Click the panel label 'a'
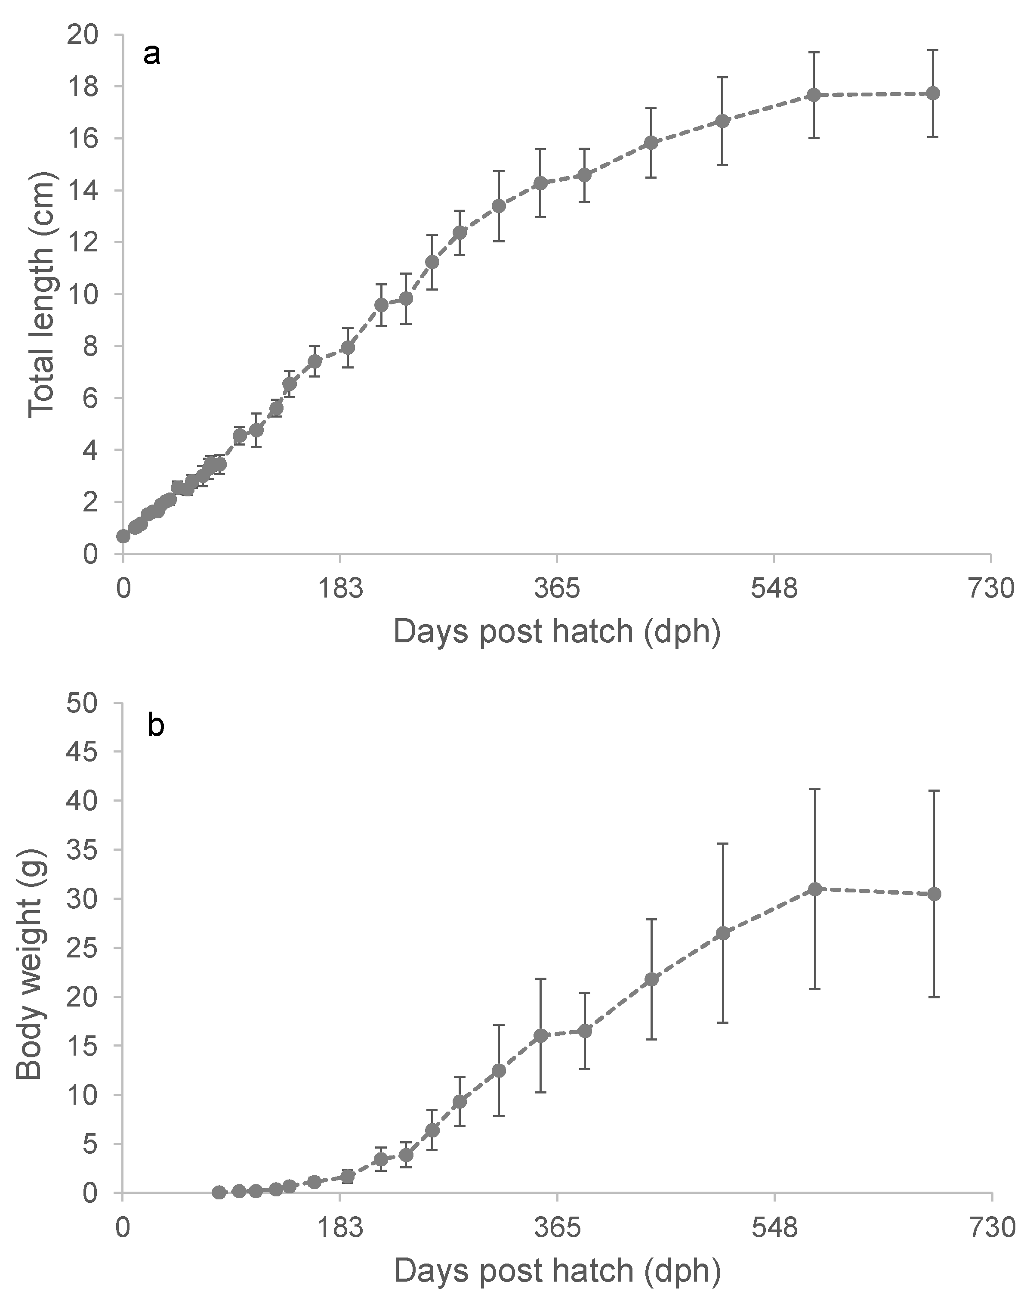[x=152, y=56]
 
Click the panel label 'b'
[x=155, y=725]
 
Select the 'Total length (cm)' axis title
[x=42, y=294]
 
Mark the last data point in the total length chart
[x=933, y=93]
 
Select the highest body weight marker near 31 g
[x=815, y=889]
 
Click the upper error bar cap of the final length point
[x=933, y=50]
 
